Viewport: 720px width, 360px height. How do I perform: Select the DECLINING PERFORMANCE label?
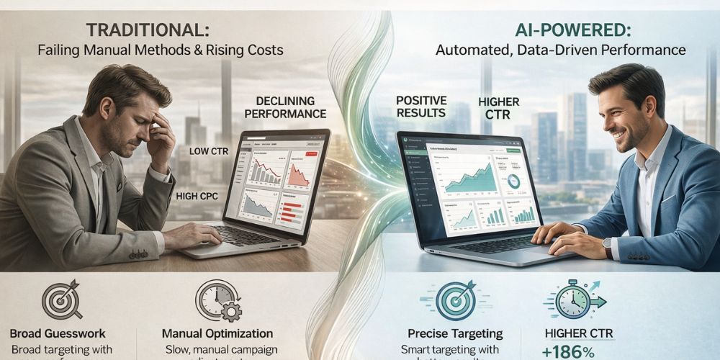point(285,108)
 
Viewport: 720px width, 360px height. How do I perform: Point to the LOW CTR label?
point(210,151)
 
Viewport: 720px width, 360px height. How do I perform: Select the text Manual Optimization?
point(217,333)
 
